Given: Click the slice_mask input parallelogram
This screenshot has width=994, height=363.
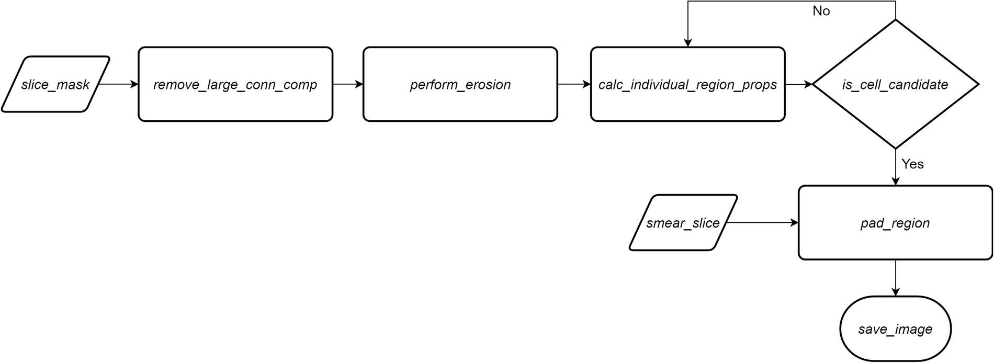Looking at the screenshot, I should click(x=55, y=84).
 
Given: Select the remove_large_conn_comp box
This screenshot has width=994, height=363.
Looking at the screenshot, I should click(x=235, y=84).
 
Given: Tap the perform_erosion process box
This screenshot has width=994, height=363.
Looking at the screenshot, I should click(x=460, y=84).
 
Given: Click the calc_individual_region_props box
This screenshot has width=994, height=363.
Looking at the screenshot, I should click(x=687, y=84).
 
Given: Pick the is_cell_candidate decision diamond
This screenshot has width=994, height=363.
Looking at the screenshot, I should click(x=895, y=84).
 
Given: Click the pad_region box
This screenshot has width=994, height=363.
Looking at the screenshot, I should click(x=895, y=223).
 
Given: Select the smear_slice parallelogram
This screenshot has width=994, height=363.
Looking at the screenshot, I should click(x=683, y=223).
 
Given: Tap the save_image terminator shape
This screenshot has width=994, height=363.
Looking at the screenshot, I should click(x=895, y=329).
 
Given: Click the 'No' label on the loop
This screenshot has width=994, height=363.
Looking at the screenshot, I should click(x=821, y=11).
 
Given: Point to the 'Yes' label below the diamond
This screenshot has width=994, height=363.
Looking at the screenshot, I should click(x=912, y=164).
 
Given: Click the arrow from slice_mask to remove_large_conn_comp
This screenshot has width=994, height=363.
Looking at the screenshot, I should click(x=118, y=84).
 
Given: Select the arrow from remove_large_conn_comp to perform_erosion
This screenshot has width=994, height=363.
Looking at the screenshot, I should click(x=348, y=84).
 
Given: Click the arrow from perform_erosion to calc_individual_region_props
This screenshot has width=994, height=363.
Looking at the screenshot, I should click(x=574, y=84).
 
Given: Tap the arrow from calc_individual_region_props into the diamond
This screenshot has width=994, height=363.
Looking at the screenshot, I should click(x=799, y=84).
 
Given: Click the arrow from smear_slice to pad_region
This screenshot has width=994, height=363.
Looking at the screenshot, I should click(x=762, y=223).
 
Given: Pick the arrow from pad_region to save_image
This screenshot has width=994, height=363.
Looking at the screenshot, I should click(x=895, y=278).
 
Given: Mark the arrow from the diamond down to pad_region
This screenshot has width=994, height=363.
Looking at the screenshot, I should click(x=895, y=167).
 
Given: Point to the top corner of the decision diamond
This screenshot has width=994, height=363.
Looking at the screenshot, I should click(x=895, y=20).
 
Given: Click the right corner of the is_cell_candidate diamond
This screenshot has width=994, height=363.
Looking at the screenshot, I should click(x=977, y=84).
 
